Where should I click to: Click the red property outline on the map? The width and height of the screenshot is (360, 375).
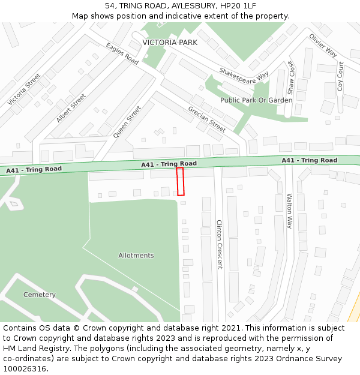tap(180, 181)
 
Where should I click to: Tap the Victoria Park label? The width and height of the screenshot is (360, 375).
tap(170, 43)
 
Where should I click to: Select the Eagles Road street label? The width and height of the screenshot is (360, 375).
tap(122, 54)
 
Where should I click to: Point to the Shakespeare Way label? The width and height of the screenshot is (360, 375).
tap(244, 74)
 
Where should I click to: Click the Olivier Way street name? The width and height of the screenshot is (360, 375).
tap(323, 45)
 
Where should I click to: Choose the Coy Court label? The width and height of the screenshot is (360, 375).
tap(341, 76)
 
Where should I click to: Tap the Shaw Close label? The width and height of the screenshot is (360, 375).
tap(290, 78)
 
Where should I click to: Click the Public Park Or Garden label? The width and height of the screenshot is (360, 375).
tap(256, 100)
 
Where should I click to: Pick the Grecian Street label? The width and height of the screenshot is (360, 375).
tap(207, 119)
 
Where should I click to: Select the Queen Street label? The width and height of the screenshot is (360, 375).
tap(127, 122)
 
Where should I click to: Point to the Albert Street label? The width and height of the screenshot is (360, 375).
tap(71, 108)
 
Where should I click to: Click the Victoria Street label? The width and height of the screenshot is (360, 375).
tap(24, 90)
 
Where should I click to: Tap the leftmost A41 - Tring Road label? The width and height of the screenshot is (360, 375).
tap(34, 170)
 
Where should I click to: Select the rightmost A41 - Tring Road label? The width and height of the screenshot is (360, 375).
tap(310, 160)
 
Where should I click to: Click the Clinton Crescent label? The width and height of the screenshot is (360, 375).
tap(219, 244)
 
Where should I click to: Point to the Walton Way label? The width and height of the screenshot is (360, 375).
tap(289, 211)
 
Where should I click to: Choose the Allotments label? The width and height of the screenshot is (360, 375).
tap(136, 256)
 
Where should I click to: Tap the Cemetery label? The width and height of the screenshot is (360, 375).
tap(40, 295)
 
